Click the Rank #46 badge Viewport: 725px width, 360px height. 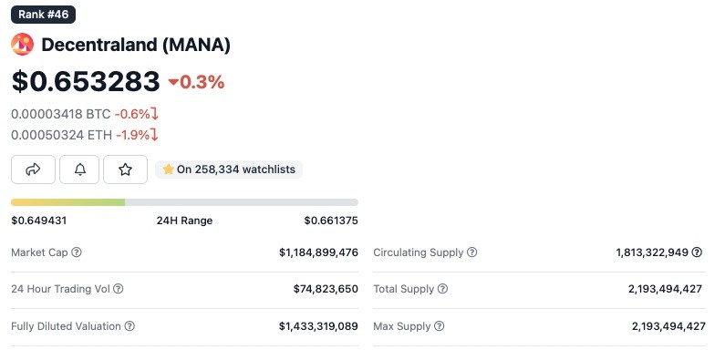pyautogui.click(x=43, y=15)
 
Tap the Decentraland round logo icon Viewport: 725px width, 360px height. pyautogui.click(x=22, y=45)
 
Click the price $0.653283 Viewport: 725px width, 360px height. pyautogui.click(x=86, y=81)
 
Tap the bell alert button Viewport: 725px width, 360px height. pyautogui.click(x=79, y=170)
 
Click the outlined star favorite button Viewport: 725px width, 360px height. pyautogui.click(x=125, y=170)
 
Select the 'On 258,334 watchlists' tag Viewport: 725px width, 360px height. pyautogui.click(x=229, y=170)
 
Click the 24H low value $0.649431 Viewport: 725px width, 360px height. pyautogui.click(x=39, y=221)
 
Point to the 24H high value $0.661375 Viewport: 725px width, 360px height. pyautogui.click(x=331, y=221)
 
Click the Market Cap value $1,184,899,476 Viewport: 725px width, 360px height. pyautogui.click(x=318, y=252)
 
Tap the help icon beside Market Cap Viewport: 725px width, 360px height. pyautogui.click(x=77, y=252)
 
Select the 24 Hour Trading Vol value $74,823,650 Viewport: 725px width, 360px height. pyautogui.click(x=326, y=289)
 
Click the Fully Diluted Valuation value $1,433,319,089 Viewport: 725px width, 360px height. pyautogui.click(x=318, y=326)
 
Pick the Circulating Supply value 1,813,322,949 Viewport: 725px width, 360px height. pyautogui.click(x=652, y=252)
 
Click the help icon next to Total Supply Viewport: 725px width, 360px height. pyautogui.click(x=442, y=289)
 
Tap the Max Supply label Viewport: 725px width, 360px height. pyautogui.click(x=402, y=326)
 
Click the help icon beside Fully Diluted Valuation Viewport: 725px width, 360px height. pyautogui.click(x=129, y=326)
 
